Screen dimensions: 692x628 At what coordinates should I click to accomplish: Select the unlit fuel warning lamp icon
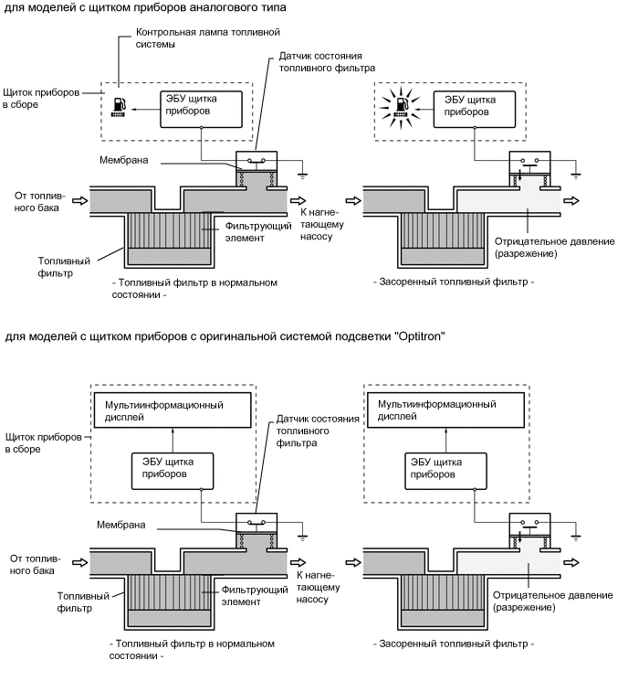[x=118, y=108]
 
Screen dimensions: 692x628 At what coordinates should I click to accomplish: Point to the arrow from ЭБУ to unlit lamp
[x=141, y=108]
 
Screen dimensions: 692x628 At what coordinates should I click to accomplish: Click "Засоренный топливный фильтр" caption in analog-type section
[x=453, y=283]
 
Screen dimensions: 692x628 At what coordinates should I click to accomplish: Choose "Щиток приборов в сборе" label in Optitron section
[x=38, y=443]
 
